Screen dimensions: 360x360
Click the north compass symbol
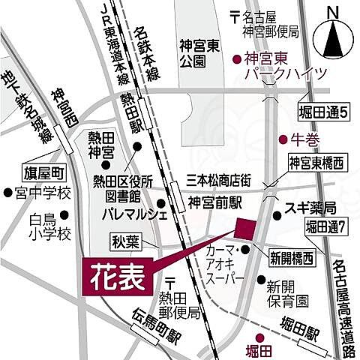(330, 42)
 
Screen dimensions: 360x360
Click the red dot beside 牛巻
(283, 139)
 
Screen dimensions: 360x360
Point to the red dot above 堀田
(260, 337)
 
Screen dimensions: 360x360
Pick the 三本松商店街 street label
(223, 180)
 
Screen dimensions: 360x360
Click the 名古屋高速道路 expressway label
(344, 300)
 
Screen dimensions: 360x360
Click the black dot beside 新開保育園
(261, 282)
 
